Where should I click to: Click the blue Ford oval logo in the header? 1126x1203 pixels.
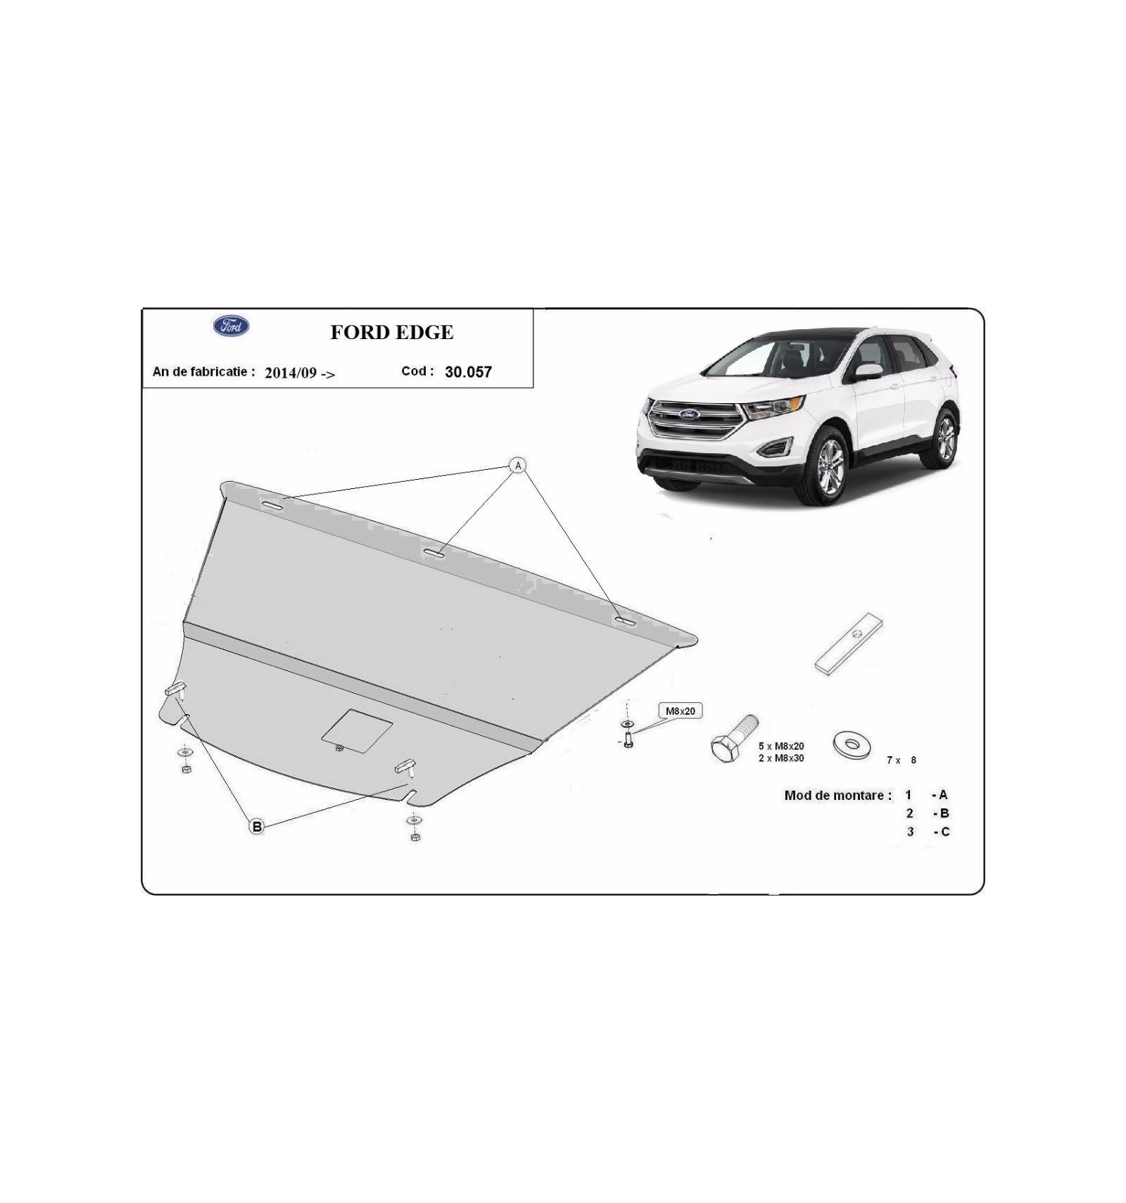pos(231,326)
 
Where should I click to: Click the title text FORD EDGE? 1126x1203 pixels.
pos(392,332)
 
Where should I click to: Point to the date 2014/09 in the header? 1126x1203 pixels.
pos(291,373)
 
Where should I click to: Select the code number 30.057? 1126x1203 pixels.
pos(468,372)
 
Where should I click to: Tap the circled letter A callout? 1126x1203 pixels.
pos(518,465)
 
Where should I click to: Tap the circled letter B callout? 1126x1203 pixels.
pos(257,827)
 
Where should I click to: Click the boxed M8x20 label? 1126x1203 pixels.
pos(680,711)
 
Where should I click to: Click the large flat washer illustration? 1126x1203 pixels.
pos(852,745)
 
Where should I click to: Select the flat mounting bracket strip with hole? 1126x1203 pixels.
pos(849,644)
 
